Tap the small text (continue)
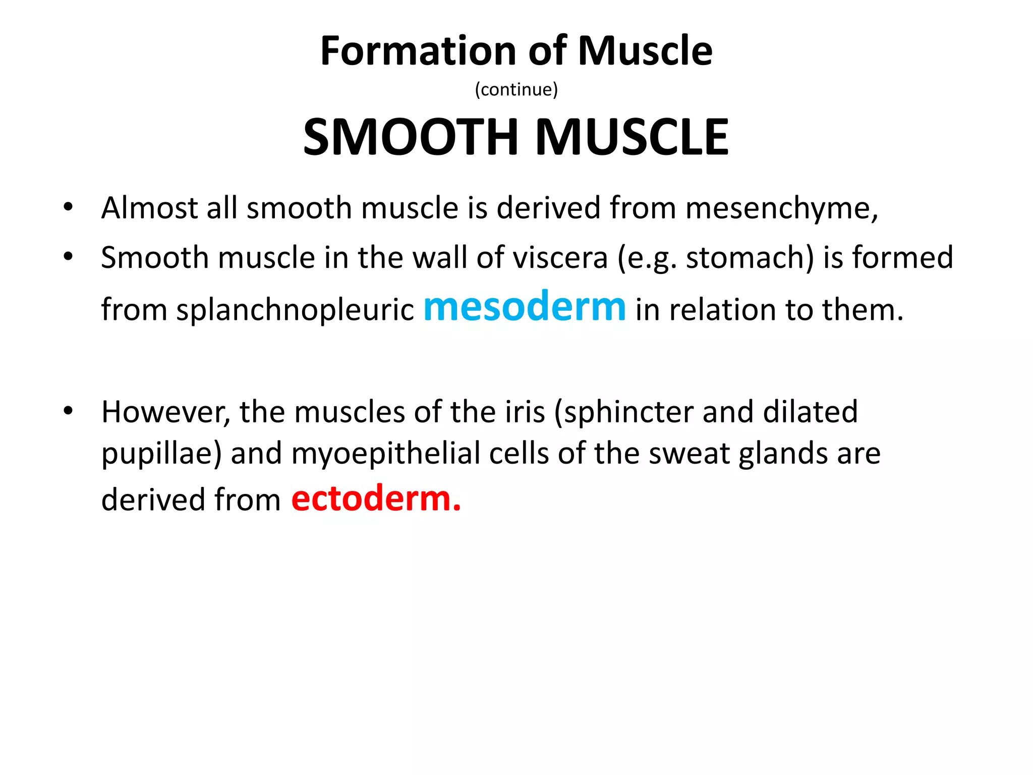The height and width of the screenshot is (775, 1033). coord(516,89)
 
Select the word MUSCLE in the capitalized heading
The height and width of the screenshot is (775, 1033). coord(632,137)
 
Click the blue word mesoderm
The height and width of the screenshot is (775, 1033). coord(525,306)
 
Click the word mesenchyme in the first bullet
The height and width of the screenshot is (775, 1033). coord(781,208)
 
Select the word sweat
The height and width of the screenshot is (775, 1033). coord(689,453)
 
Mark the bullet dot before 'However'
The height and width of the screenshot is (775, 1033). coord(68,411)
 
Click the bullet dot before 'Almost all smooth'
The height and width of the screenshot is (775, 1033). coord(68,207)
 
